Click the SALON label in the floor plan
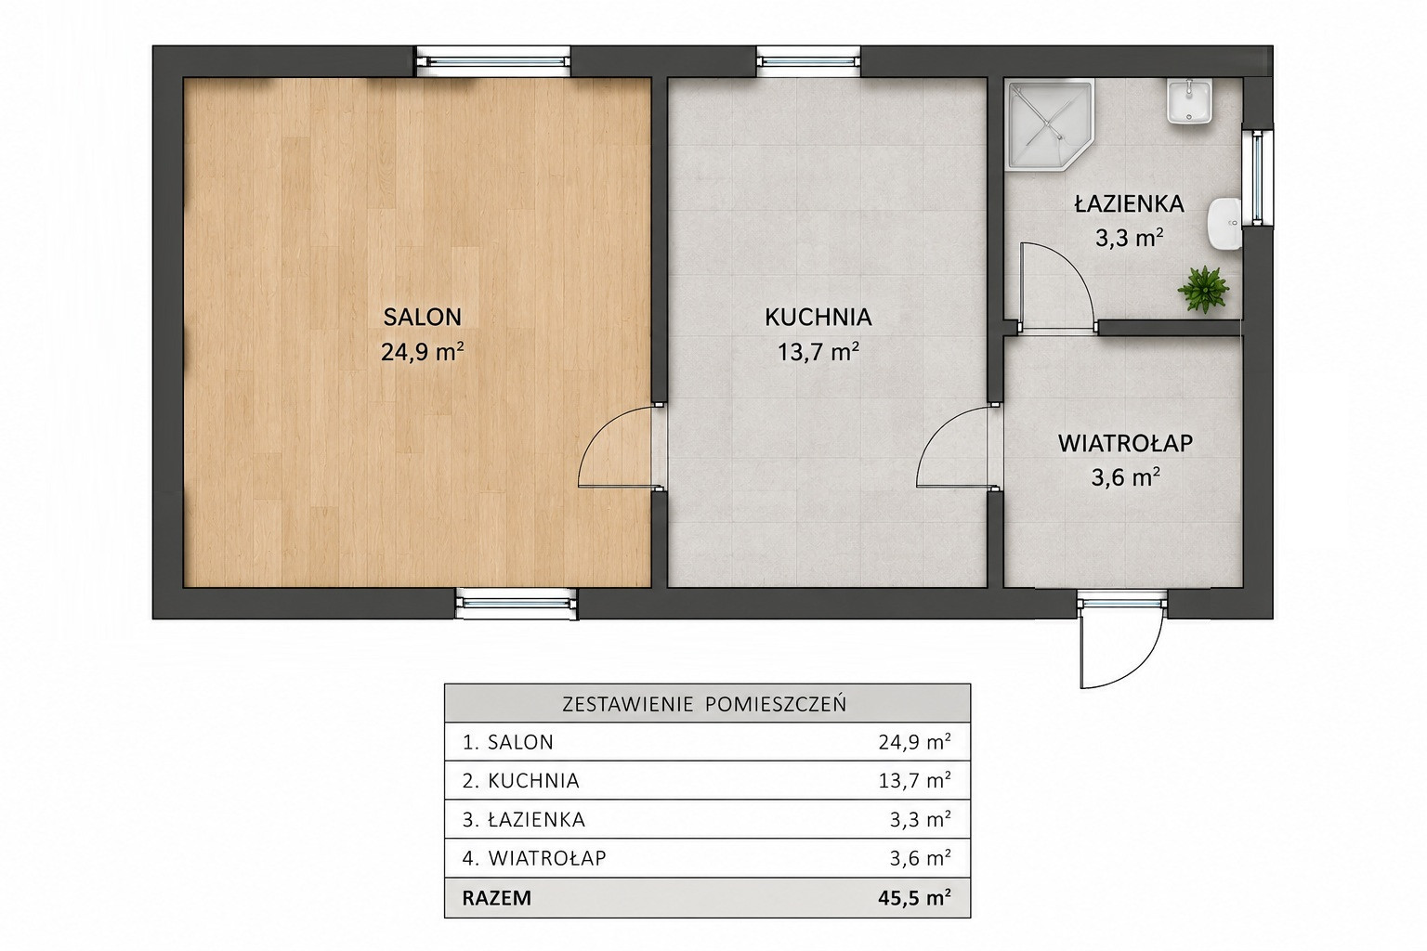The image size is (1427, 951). coord(422,317)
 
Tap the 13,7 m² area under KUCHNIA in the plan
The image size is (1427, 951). coord(818,351)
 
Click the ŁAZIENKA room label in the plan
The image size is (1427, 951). coord(1129,203)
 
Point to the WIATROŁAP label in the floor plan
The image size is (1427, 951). coord(1125,443)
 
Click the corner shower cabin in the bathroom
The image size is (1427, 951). coord(1049,124)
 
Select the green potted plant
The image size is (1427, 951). coord(1203,290)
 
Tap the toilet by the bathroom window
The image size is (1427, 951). coord(1224,222)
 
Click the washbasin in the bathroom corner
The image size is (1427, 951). coord(1189,102)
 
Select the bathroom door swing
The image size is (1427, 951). coord(1057,287)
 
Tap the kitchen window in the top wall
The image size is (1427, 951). coord(808,62)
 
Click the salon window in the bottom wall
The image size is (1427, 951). coord(516,604)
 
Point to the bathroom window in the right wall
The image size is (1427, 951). coord(1257,177)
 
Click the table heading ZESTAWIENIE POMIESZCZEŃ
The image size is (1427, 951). coord(704,705)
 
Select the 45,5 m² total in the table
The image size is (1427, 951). coord(914,897)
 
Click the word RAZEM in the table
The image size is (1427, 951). coord(496,898)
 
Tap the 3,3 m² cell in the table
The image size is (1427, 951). coord(920,819)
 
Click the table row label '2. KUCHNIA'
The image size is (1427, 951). coord(520,781)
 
